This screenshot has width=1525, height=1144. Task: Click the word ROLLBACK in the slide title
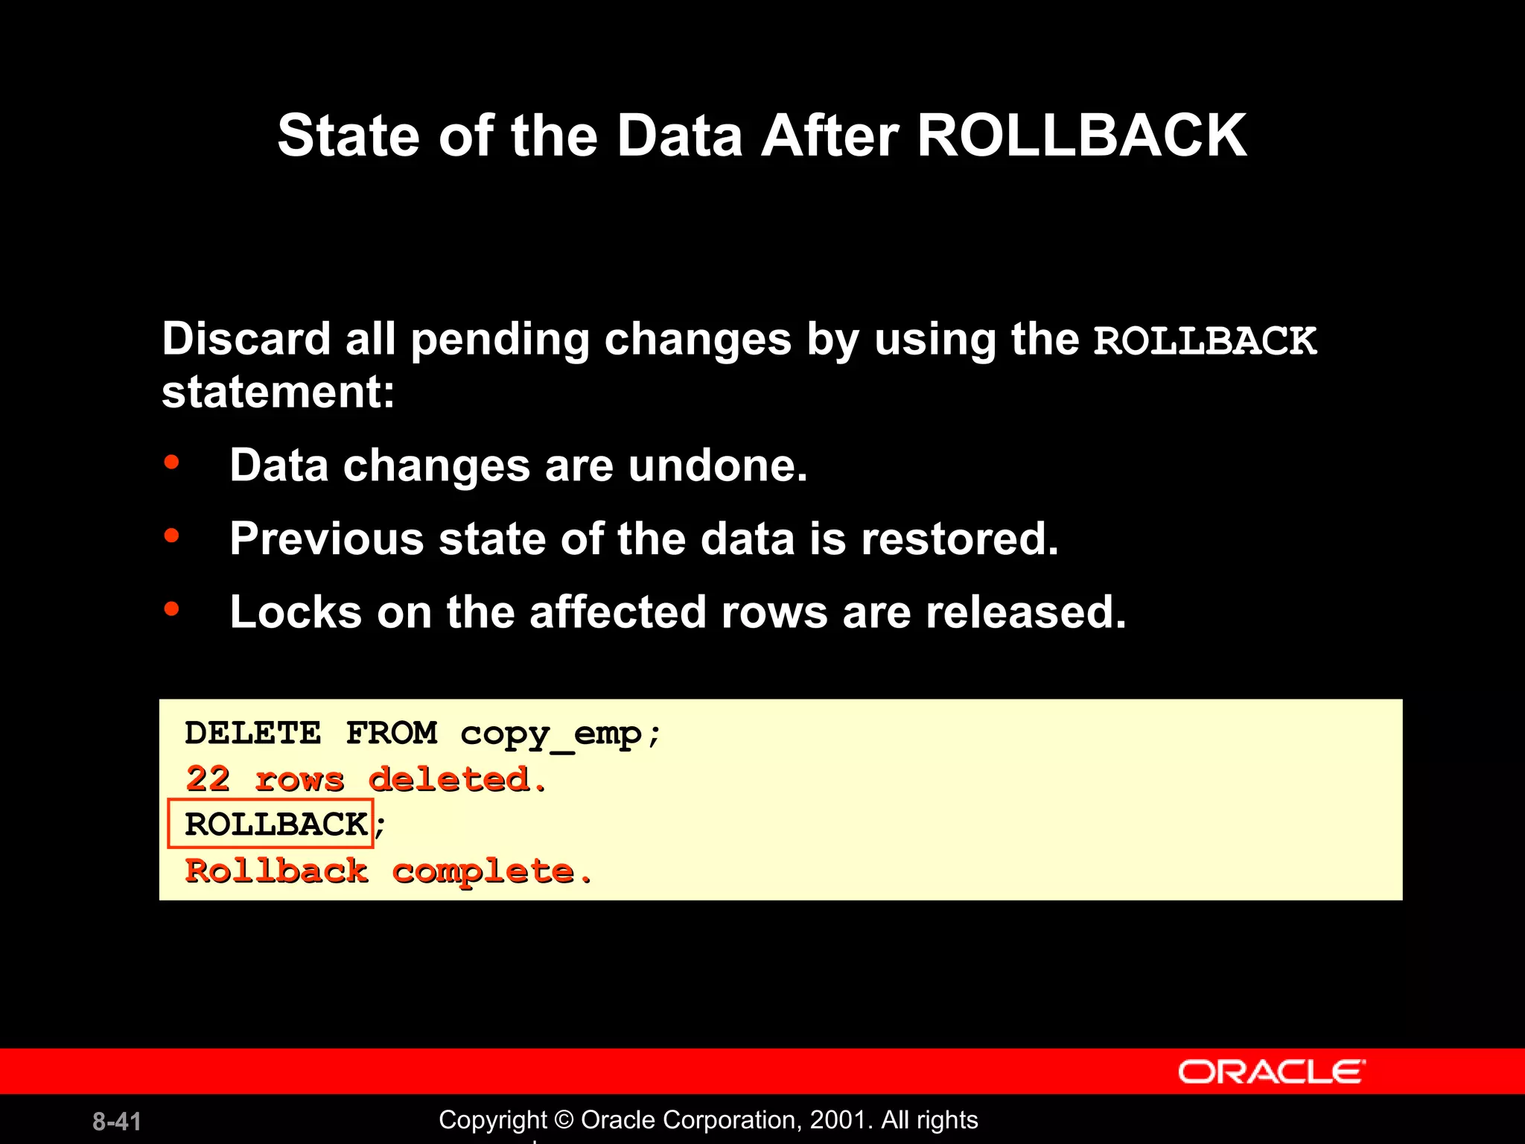tap(1081, 136)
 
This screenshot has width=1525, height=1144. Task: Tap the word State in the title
tap(348, 136)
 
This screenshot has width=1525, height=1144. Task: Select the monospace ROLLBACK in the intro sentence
tap(1205, 341)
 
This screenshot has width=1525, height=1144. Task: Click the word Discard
tap(246, 340)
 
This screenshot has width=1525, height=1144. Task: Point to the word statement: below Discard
tap(278, 393)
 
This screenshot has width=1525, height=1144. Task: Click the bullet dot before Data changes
tap(172, 463)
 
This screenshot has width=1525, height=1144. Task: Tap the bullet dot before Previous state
tap(172, 536)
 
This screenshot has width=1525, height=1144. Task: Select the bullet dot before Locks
tap(172, 609)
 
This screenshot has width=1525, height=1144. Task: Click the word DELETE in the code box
tap(253, 734)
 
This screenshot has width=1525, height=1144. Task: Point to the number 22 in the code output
tap(208, 779)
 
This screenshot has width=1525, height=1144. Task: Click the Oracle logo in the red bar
tap(1271, 1072)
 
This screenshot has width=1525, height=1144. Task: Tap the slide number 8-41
tap(117, 1122)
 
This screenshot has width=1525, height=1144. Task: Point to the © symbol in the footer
tap(564, 1120)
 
